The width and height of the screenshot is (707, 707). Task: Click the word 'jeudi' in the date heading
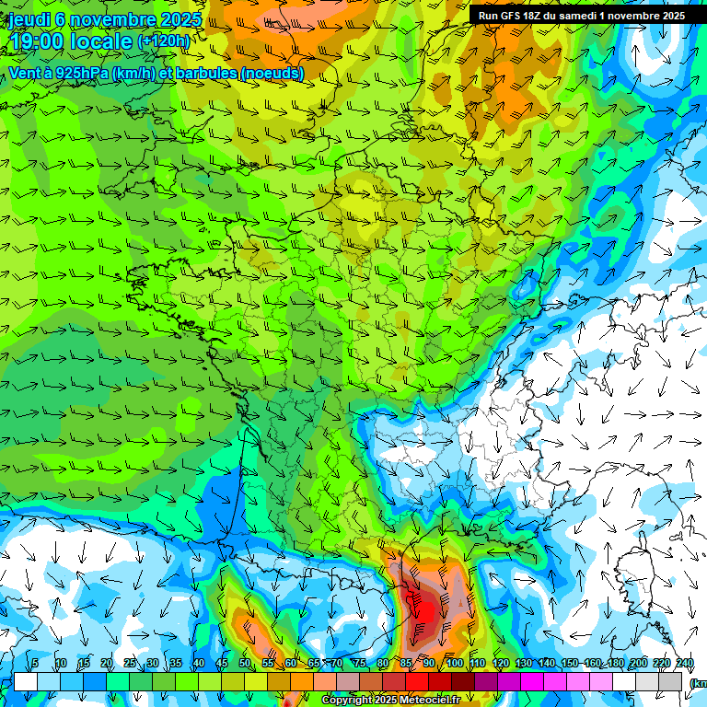tap(29, 19)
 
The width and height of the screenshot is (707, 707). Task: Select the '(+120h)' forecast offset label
tap(163, 41)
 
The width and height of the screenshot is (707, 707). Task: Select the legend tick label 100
tap(454, 664)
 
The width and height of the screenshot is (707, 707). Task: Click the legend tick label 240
tap(685, 664)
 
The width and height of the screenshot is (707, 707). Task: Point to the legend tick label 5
tap(35, 664)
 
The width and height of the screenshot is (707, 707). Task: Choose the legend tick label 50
tap(244, 664)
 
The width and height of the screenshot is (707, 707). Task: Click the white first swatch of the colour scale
tap(25, 681)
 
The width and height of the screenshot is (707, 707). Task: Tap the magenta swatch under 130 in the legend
tap(531, 681)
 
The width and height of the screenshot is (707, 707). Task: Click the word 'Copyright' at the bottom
tap(348, 701)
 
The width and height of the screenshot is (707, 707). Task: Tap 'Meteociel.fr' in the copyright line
tap(431, 701)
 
